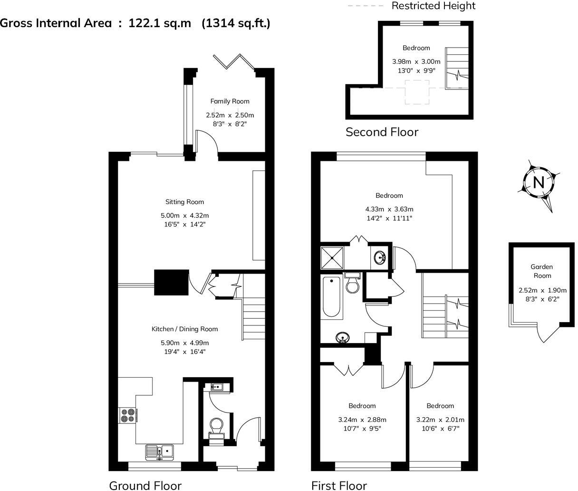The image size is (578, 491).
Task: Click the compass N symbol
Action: (539, 182)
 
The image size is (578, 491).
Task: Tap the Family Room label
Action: (230, 101)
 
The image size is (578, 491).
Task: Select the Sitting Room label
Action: (184, 202)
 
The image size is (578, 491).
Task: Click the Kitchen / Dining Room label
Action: (184, 329)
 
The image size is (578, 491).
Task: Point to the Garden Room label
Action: (542, 271)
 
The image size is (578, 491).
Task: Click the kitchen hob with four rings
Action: (127, 415)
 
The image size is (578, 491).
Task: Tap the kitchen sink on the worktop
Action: (159, 451)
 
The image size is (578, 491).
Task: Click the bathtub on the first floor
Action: (332, 297)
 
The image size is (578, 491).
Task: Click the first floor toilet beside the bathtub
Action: (353, 284)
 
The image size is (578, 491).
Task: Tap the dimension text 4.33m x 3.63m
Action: (389, 209)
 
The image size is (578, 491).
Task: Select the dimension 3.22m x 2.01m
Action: (440, 420)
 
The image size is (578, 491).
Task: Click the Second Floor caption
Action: (382, 132)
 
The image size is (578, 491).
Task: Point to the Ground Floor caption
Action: (145, 485)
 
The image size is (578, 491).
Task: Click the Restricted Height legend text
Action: (433, 6)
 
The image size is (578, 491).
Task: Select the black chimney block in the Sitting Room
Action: (171, 283)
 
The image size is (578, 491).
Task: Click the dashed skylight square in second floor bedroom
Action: (417, 92)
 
